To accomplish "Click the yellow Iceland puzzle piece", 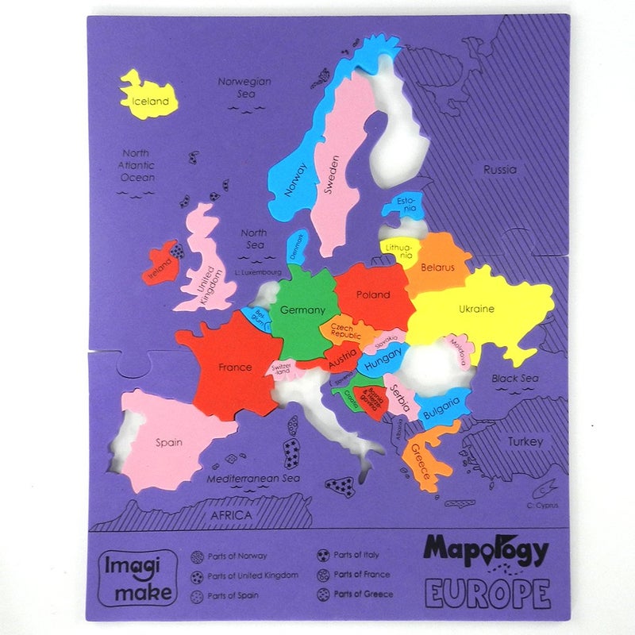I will [x=148, y=98].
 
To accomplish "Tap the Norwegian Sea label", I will [x=244, y=87].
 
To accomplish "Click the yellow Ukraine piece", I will [x=476, y=309].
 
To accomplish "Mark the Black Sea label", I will [x=515, y=379].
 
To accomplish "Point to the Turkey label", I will [x=525, y=441].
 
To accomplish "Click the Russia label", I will [x=499, y=169].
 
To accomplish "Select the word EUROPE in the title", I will [x=487, y=593].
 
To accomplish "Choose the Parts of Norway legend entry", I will [x=229, y=556].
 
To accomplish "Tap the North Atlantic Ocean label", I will [x=137, y=165].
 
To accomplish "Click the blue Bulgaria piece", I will [x=441, y=410].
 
